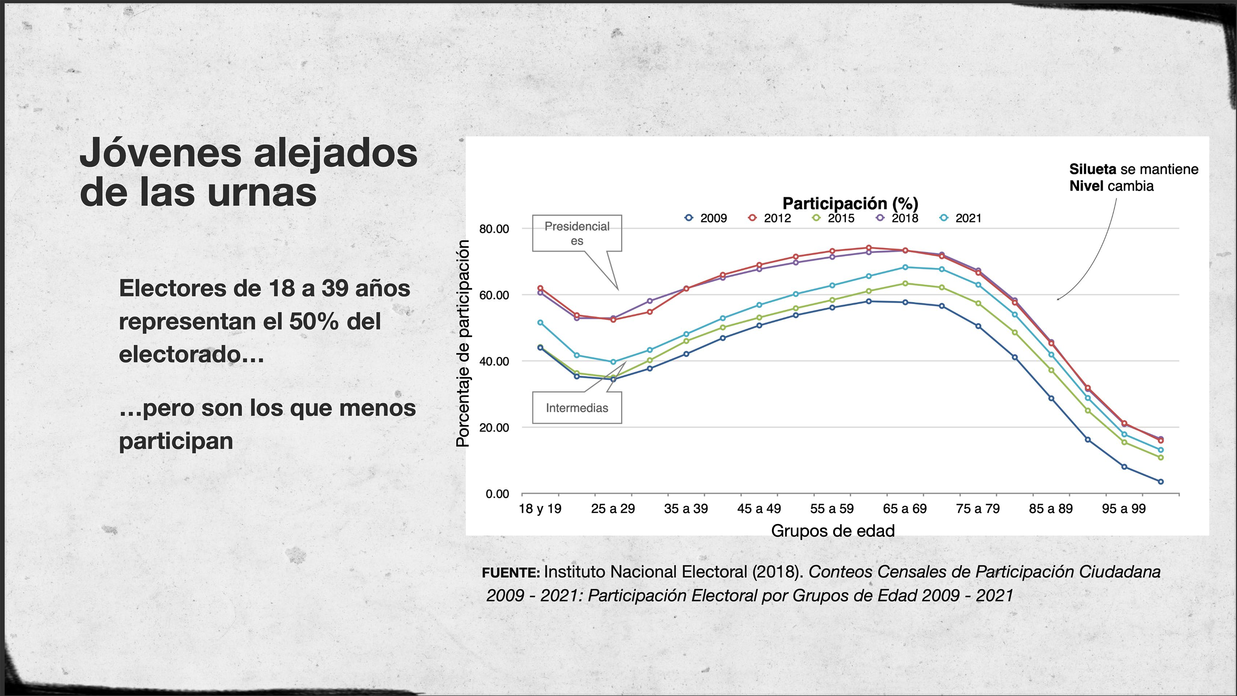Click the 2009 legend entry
pyautogui.click(x=706, y=218)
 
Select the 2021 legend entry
pyautogui.click(x=961, y=218)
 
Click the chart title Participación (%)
pyautogui.click(x=850, y=203)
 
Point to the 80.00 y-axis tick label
pyautogui.click(x=494, y=229)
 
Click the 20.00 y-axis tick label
pyautogui.click(x=494, y=428)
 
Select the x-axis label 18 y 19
pyautogui.click(x=540, y=509)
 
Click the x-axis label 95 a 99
pyautogui.click(x=1124, y=509)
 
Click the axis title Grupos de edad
pyautogui.click(x=833, y=531)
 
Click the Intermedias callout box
pyautogui.click(x=577, y=408)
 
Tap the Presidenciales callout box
pyautogui.click(x=577, y=233)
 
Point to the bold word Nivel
pyautogui.click(x=1086, y=186)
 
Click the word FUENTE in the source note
pyautogui.click(x=511, y=572)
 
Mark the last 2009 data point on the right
pyautogui.click(x=1161, y=481)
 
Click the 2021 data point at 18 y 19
pyautogui.click(x=540, y=323)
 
